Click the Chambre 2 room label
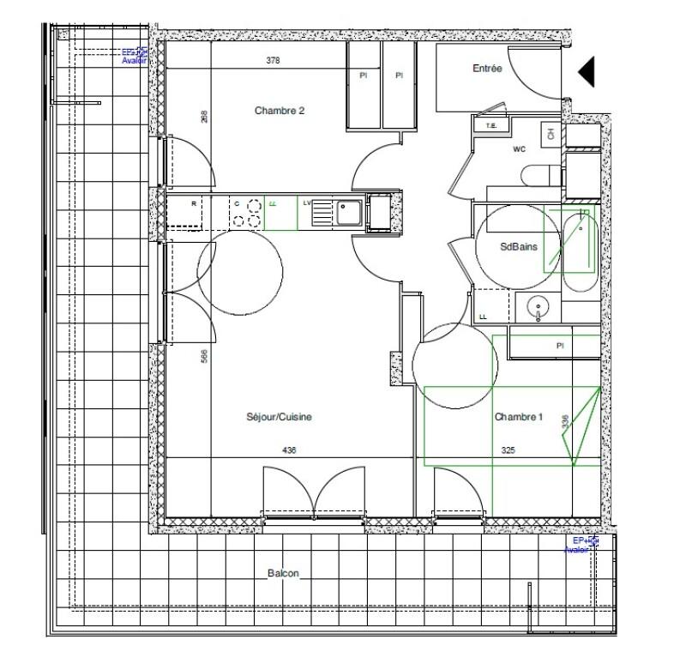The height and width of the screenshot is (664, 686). coord(280,111)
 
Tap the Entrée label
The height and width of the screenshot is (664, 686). coord(486,69)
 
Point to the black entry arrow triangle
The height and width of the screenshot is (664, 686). coord(587,71)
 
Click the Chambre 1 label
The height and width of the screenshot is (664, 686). coord(519,418)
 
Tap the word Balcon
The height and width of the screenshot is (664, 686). coord(283,574)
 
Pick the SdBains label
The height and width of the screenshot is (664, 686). coord(519,247)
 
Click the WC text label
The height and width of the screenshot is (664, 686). coord(519,148)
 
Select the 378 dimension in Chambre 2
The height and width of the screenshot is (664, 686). coord(273,61)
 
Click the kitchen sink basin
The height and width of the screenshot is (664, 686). coord(347,208)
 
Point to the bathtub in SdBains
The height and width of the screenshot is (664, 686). coord(579,249)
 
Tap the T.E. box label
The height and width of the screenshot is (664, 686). coord(491,126)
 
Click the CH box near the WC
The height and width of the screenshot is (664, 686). coord(550,133)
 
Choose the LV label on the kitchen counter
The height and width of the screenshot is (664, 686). coord(306,202)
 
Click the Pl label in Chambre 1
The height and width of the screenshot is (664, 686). coord(559,346)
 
